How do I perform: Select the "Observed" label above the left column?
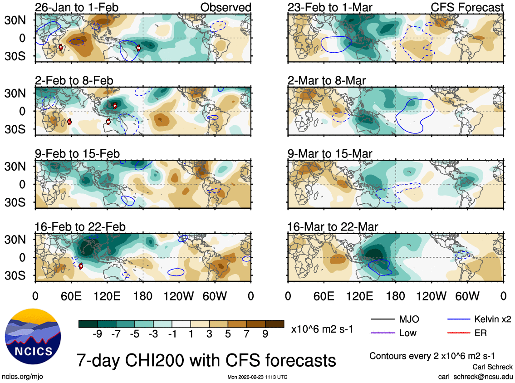pos(226,8)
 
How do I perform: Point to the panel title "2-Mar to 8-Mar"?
pos(327,81)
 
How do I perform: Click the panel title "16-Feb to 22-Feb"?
pos(80,227)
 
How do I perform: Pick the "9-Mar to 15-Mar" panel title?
pos(330,154)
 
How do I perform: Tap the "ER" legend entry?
pos(481,333)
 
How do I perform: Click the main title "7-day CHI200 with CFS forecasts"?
pos(206,360)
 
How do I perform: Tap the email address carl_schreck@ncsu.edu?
pos(475,377)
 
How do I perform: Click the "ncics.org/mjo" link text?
pos(23,377)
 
